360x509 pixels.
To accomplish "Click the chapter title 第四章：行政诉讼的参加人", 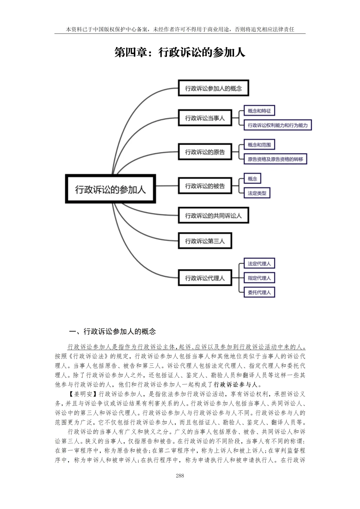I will point(180,52).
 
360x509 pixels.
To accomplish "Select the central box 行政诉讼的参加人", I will point(110,189).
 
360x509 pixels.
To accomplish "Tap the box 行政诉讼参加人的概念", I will point(213,88).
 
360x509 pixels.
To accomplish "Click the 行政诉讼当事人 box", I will point(205,118).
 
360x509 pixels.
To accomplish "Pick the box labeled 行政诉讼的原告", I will point(205,152).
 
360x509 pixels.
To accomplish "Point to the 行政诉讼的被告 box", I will point(205,186).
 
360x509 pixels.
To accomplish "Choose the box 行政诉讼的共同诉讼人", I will point(213,216).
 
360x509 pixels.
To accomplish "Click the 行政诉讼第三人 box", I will point(205,241).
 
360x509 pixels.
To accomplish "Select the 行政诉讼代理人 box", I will point(205,278).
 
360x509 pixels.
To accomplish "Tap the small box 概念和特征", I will point(259,111).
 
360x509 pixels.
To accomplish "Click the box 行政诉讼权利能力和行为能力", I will point(277,125).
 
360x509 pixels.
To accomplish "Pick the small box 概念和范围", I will point(259,145).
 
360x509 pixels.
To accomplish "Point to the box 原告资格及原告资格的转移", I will point(275,159).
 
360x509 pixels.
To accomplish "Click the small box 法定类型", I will point(257,193).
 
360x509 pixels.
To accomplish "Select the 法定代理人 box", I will point(259,263).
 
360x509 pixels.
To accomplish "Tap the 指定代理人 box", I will point(259,278).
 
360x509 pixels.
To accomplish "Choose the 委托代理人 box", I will point(259,292).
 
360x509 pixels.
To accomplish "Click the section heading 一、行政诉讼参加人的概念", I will point(112,331).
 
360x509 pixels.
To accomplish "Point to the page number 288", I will point(180,476).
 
